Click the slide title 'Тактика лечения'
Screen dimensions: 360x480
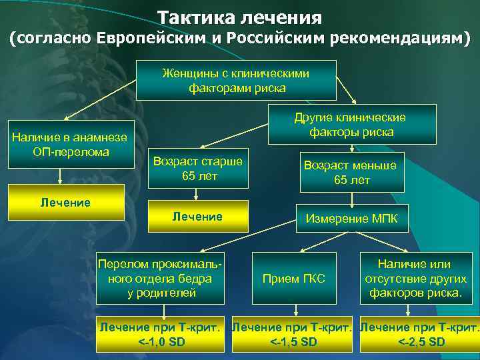coord(239,16)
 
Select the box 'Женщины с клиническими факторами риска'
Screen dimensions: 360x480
coord(237,80)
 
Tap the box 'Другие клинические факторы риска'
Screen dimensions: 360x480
coord(351,125)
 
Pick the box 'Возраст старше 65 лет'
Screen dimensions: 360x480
coord(197,168)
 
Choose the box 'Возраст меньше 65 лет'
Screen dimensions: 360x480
coord(350,173)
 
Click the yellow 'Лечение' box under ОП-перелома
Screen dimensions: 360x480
coord(65,202)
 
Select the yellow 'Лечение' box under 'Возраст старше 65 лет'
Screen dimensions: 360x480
coord(197,217)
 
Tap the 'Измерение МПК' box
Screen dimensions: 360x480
coord(351,218)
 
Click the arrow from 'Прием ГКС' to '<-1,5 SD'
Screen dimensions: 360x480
coord(295,311)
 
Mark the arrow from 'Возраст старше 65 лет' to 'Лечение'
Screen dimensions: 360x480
coord(195,193)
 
